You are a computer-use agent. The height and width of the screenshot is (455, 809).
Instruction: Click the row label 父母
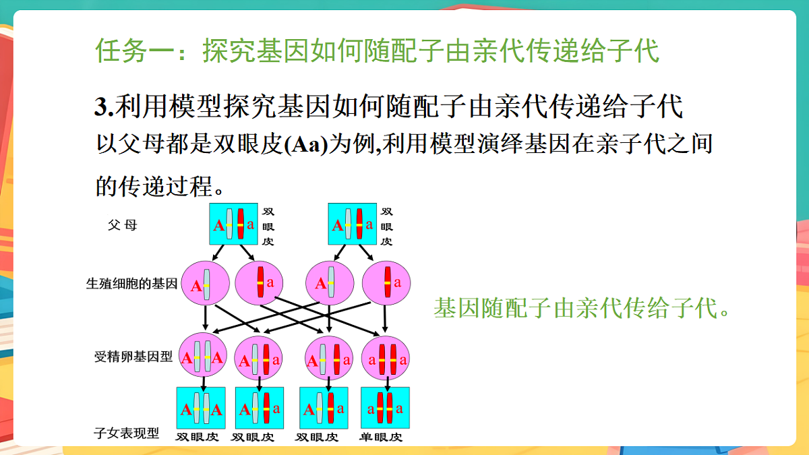(123, 225)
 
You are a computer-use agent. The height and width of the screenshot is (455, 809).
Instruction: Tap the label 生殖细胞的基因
(132, 284)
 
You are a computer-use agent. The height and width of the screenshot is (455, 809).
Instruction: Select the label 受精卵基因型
(133, 357)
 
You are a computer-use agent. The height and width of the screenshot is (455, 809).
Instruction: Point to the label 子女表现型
(127, 433)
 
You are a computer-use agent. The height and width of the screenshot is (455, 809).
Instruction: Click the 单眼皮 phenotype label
(381, 437)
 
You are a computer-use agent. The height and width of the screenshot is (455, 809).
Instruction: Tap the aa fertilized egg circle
(386, 358)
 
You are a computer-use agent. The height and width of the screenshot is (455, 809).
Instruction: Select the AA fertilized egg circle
(203, 355)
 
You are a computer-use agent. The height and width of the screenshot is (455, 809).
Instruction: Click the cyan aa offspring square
(386, 408)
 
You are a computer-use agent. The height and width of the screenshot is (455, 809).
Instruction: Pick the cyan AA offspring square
(201, 408)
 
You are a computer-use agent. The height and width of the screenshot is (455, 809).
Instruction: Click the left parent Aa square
(234, 224)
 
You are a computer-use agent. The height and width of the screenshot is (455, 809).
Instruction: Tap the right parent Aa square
(353, 224)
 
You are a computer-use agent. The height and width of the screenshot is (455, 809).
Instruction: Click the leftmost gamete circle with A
(205, 284)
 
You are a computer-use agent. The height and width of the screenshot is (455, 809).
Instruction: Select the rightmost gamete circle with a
(386, 283)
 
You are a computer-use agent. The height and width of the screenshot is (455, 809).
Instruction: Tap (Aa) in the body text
(306, 144)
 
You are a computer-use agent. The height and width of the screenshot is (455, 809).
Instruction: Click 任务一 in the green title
(135, 51)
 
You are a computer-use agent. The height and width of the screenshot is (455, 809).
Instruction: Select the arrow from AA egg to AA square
(204, 384)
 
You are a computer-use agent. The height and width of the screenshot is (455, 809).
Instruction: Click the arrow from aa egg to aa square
(387, 384)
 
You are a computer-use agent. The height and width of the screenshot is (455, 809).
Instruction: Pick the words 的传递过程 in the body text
(154, 187)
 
